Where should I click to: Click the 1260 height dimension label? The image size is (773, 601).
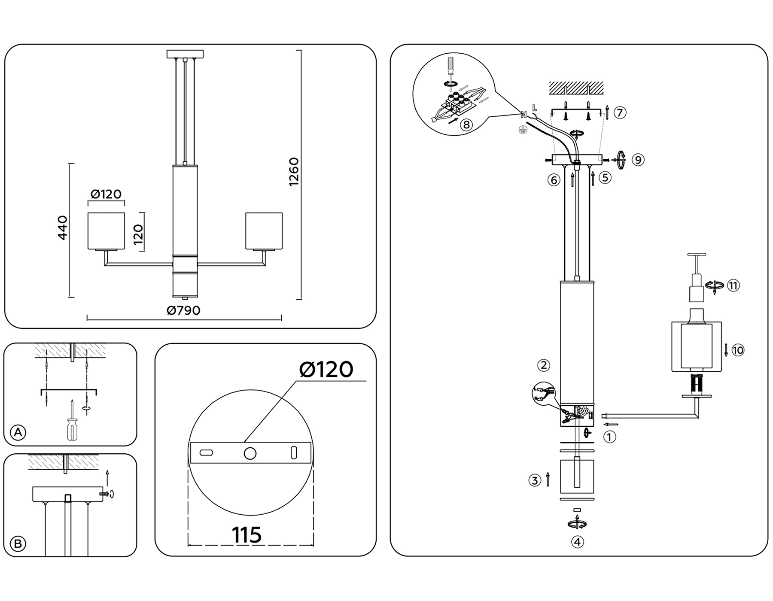click(x=294, y=172)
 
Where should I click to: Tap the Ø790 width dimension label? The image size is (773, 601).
click(x=183, y=310)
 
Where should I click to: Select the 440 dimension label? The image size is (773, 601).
click(x=63, y=228)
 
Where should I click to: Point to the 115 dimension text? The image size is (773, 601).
click(x=247, y=535)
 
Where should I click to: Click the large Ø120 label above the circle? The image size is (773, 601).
click(x=326, y=369)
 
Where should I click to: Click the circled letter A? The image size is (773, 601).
click(x=18, y=432)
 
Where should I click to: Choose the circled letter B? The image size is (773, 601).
click(x=18, y=544)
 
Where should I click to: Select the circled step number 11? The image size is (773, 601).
click(x=733, y=285)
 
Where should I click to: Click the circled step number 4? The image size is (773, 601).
click(x=578, y=542)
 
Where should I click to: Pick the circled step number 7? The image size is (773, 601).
click(x=620, y=113)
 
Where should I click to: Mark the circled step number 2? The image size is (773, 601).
click(x=544, y=365)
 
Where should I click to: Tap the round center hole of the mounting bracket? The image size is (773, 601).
click(x=250, y=453)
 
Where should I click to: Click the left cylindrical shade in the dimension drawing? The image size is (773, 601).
click(x=106, y=231)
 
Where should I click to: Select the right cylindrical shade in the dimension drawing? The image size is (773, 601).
click(x=264, y=231)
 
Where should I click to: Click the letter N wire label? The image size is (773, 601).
click(x=523, y=115)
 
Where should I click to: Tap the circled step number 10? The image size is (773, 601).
click(x=738, y=350)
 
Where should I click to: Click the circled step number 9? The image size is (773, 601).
click(x=638, y=160)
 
